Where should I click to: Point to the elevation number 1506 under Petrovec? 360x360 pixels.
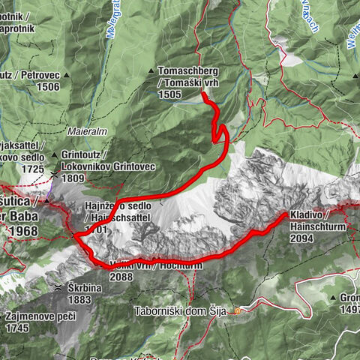pos(50,86)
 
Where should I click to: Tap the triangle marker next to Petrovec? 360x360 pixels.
pos(66,75)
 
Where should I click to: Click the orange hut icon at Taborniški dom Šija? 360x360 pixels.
pos(238,310)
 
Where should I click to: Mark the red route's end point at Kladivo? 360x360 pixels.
pos(285,215)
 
